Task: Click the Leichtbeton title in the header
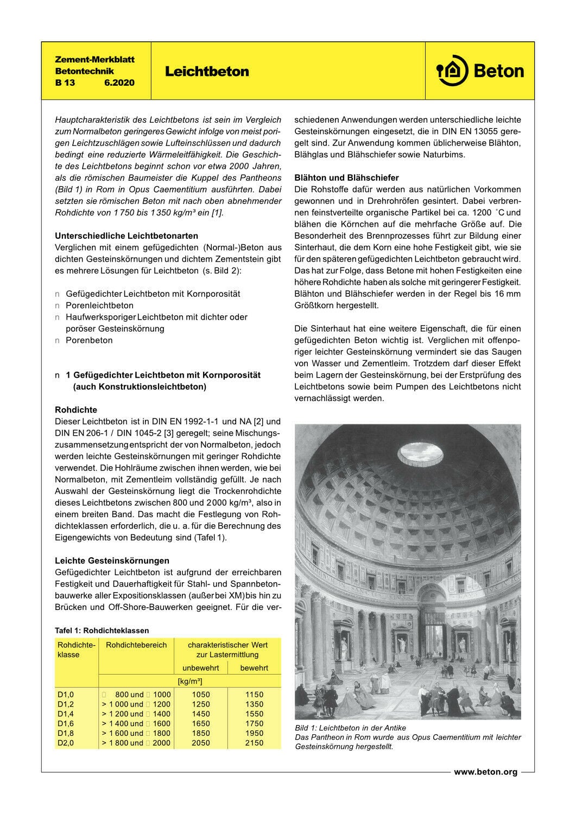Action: click(207, 72)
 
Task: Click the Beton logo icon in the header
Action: click(452, 71)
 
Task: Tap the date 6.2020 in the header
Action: click(119, 83)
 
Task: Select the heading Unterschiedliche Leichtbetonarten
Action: click(126, 236)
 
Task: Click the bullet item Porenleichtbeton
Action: click(99, 306)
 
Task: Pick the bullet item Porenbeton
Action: click(89, 340)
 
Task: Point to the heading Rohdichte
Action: click(76, 410)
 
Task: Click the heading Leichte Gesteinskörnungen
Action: click(112, 561)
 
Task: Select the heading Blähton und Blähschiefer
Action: click(346, 177)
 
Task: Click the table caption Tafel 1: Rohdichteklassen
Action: click(102, 631)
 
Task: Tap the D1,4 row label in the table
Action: click(66, 714)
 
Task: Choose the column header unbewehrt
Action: click(201, 668)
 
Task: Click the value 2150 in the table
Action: click(254, 743)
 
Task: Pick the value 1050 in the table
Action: click(201, 694)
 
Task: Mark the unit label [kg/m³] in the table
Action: click(190, 681)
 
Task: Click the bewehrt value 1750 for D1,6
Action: click(254, 723)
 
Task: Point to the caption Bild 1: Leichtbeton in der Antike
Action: click(350, 728)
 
